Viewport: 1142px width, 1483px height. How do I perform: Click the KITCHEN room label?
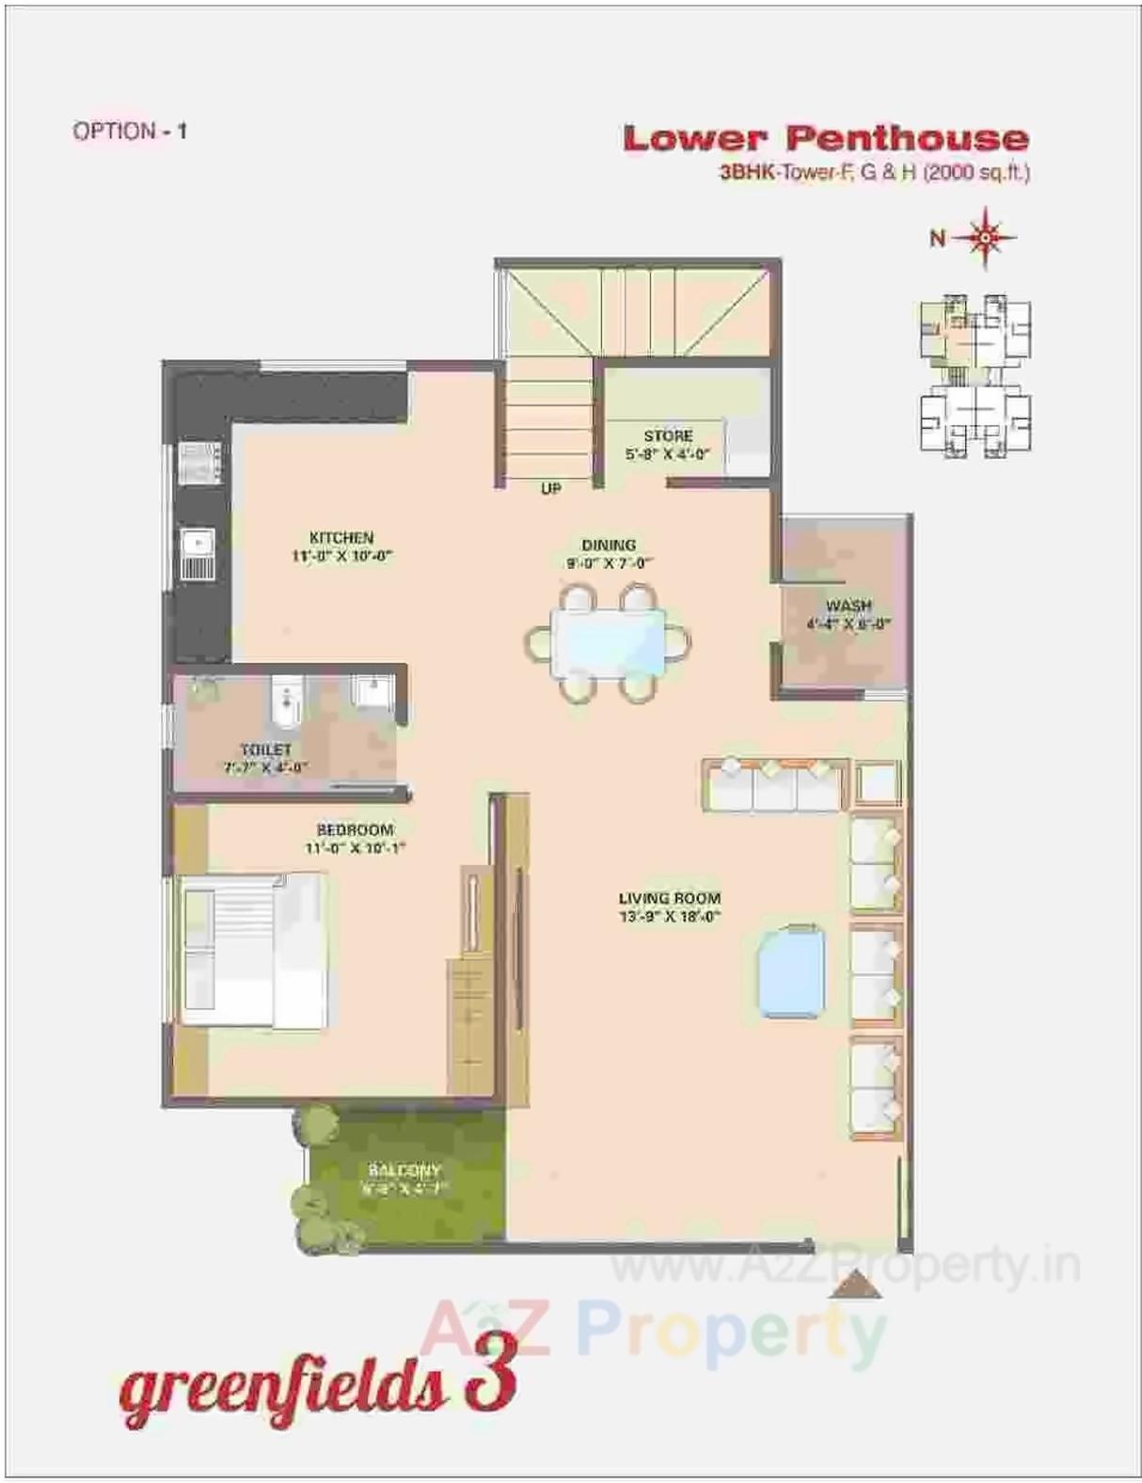[341, 538]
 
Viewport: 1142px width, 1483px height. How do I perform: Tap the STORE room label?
[668, 436]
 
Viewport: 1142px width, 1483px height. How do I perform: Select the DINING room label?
[609, 545]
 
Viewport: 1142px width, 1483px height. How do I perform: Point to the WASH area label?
[849, 606]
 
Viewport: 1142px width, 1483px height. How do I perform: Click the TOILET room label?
[266, 749]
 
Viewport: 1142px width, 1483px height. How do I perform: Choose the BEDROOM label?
[355, 829]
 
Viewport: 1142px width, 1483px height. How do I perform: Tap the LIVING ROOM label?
[670, 898]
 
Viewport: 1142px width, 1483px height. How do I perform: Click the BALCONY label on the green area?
[404, 1171]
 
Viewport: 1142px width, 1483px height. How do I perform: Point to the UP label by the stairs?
[551, 488]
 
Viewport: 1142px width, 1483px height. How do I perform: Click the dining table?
[609, 642]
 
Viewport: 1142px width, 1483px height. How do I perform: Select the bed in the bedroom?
[252, 950]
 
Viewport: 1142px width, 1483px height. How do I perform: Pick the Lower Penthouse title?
[825, 138]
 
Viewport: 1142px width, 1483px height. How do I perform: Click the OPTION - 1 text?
[130, 131]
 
